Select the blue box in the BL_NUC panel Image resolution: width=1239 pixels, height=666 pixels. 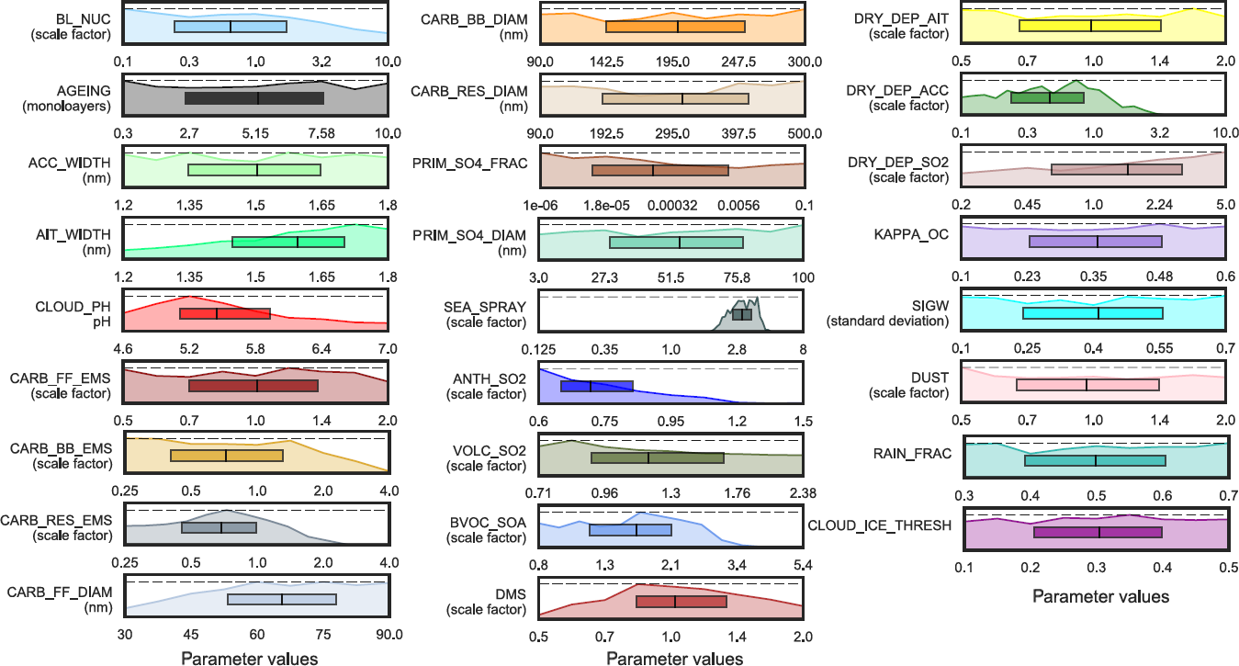click(x=230, y=27)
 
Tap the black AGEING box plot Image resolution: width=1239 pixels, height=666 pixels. click(x=253, y=97)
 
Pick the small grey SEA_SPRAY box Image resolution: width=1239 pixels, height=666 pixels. click(x=741, y=315)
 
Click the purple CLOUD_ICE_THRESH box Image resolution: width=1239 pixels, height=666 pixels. click(x=1098, y=532)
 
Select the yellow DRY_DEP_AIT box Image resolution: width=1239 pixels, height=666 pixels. click(x=1089, y=26)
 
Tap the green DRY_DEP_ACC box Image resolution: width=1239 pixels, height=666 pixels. click(x=1047, y=97)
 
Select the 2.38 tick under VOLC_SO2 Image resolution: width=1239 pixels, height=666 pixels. click(x=803, y=493)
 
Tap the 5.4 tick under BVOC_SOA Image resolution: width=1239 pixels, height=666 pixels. click(x=803, y=563)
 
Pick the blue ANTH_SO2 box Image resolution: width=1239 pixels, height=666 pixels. click(x=596, y=386)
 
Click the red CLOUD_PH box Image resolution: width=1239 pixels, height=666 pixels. click(x=225, y=313)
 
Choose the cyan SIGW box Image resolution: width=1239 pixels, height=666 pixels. click(x=1092, y=313)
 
